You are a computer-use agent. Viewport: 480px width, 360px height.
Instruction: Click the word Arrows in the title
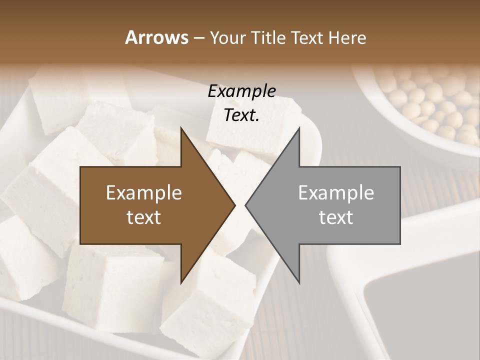pos(156,37)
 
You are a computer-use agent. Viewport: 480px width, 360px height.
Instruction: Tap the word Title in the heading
pos(268,37)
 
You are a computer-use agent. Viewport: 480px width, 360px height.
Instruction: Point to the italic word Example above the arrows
pos(241,91)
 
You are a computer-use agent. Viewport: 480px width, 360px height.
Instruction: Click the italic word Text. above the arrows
pos(241,115)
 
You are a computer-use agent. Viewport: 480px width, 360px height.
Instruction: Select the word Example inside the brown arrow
pos(144,193)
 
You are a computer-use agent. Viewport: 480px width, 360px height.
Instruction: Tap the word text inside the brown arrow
pos(144,217)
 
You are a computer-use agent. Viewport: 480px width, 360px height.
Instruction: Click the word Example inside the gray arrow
pos(336,193)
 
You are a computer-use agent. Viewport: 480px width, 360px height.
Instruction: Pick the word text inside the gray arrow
pos(336,217)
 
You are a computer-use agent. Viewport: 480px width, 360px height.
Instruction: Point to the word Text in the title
pos(308,37)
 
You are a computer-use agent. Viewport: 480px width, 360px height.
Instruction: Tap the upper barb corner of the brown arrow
pos(181,128)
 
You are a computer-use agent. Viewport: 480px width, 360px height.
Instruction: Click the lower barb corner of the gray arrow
pos(299,282)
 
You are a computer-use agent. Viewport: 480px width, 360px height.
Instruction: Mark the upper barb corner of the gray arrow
pos(299,128)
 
